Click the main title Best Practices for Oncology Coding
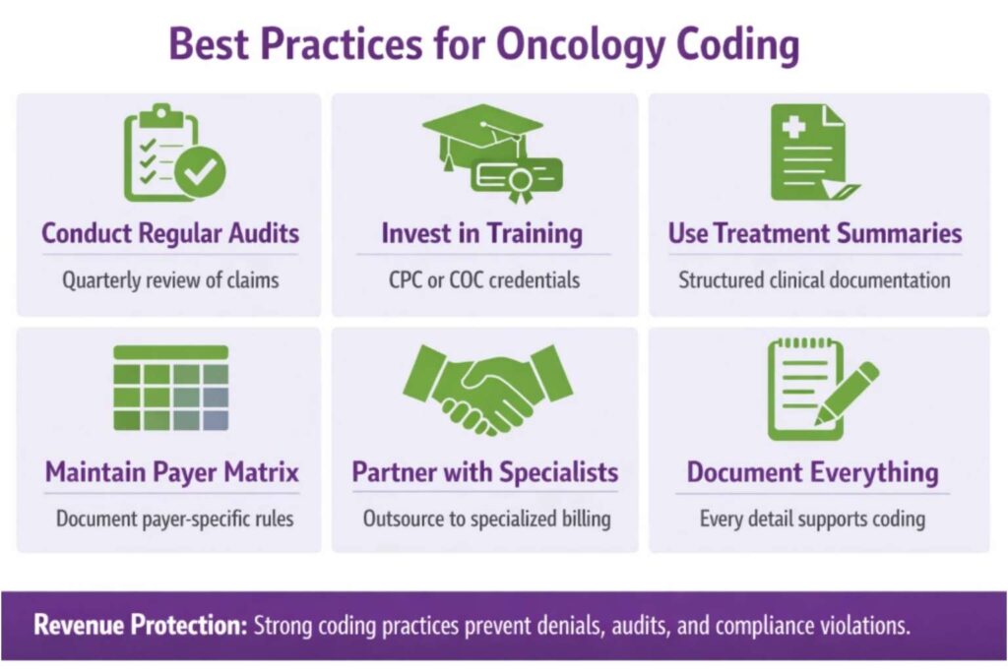click(x=483, y=45)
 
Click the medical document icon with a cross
click(x=812, y=153)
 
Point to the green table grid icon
click(x=170, y=388)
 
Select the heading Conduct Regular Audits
click(x=170, y=234)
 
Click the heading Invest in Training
click(x=482, y=234)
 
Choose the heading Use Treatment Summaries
click(x=815, y=234)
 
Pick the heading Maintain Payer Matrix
click(x=172, y=472)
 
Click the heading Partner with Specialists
click(x=484, y=472)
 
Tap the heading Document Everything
click(x=812, y=472)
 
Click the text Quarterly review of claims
click(x=170, y=280)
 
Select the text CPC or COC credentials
click(x=483, y=280)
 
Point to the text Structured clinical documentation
click(x=814, y=280)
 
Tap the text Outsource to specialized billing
click(x=486, y=519)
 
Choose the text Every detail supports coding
click(x=812, y=519)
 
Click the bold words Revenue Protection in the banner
click(x=141, y=626)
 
